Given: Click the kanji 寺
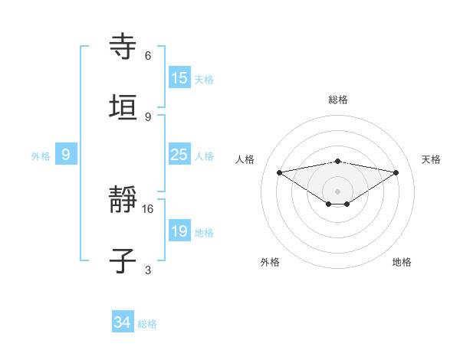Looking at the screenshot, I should [x=123, y=47].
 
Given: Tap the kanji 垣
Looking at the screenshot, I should [x=123, y=108].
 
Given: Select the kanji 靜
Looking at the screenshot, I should [x=123, y=201].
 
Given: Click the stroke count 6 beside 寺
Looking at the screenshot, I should [x=148, y=56].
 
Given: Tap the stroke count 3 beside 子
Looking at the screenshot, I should [x=148, y=270].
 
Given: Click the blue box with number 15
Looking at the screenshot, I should [x=179, y=78].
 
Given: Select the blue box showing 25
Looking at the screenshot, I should [x=179, y=155].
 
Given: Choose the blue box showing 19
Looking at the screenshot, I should [x=179, y=231].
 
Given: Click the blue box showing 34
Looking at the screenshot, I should [x=123, y=323].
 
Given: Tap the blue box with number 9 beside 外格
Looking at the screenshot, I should [x=66, y=155].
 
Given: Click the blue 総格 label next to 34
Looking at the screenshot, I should [x=147, y=324].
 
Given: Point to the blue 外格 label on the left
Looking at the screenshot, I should [x=41, y=155].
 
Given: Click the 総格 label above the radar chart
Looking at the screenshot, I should [x=338, y=100].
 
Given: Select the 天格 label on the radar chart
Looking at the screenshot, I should [x=431, y=159].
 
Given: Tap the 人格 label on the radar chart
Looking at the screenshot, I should [x=245, y=159].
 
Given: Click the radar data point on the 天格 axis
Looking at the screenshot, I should [x=396, y=172].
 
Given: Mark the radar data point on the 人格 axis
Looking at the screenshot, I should [x=280, y=172].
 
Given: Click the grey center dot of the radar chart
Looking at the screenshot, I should [x=338, y=191].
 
